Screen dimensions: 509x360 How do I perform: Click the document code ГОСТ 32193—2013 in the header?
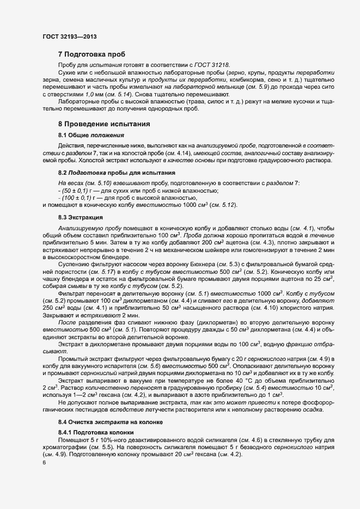click(70, 36)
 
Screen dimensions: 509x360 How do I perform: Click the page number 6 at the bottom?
click(44, 464)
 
